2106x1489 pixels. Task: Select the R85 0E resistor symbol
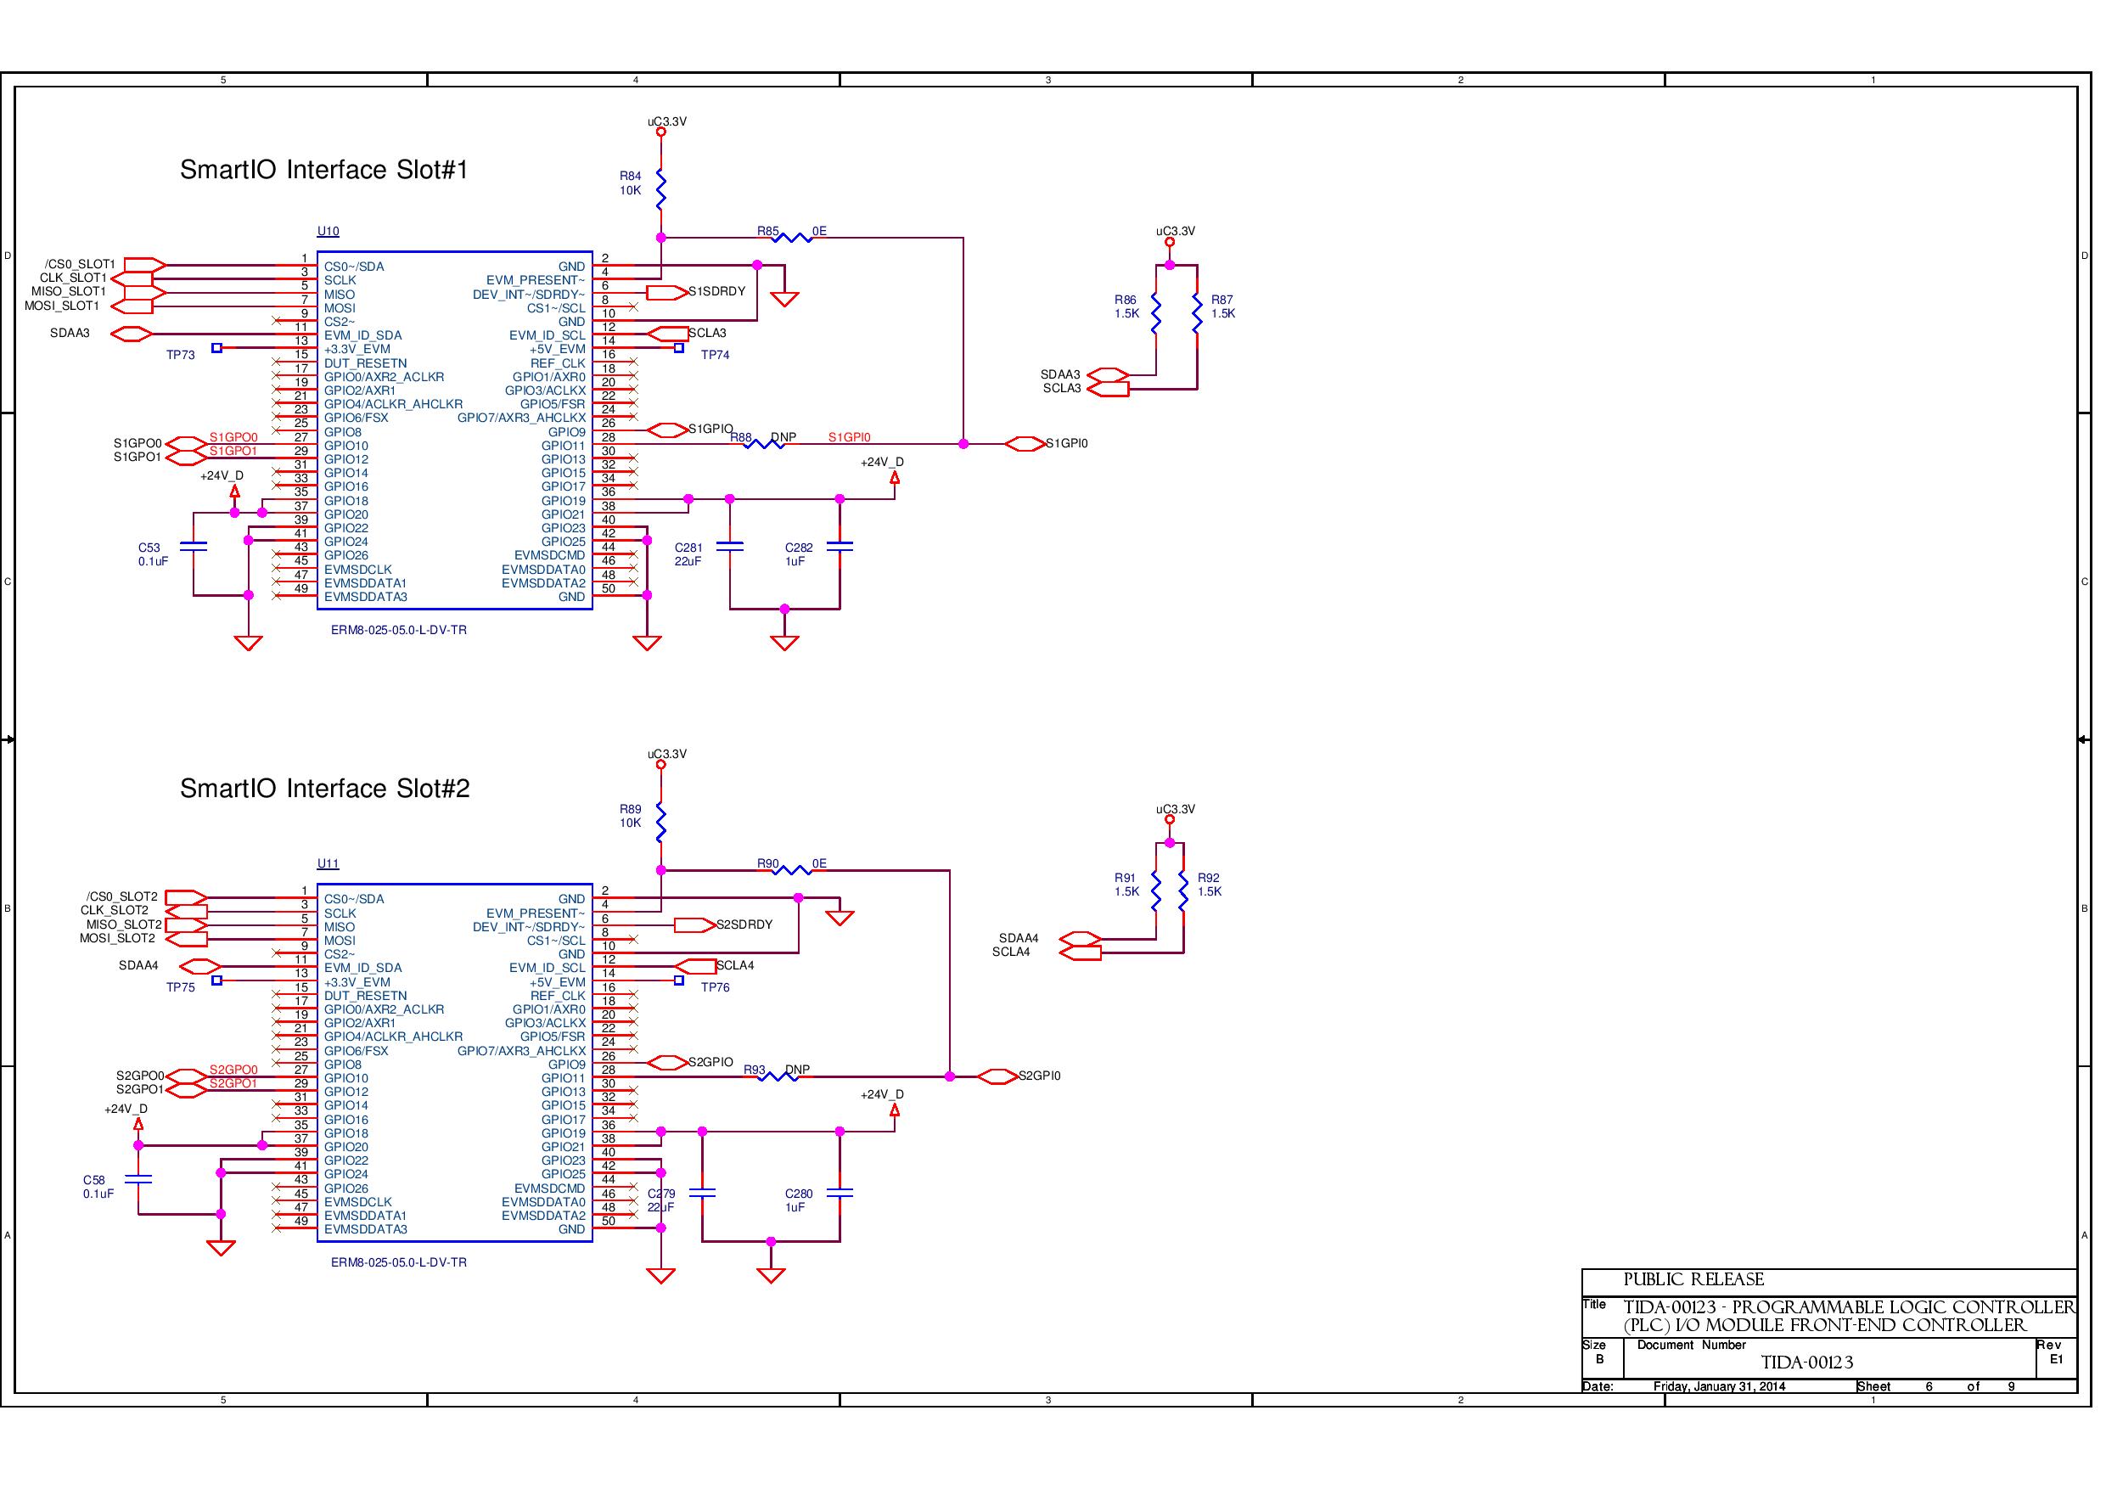click(x=793, y=238)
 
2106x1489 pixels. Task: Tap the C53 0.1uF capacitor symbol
click(x=194, y=546)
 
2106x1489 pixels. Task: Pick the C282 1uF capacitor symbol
click(x=840, y=546)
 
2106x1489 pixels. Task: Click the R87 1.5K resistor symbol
click(x=1197, y=313)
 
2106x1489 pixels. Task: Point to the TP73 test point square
click(x=216, y=348)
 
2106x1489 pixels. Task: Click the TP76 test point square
click(x=679, y=980)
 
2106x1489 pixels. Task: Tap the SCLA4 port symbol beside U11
click(x=695, y=966)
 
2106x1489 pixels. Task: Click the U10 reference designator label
click(x=328, y=232)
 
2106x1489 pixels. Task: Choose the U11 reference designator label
click(x=328, y=864)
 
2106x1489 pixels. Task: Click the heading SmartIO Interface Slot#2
click(x=325, y=789)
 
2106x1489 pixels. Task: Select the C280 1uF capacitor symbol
click(x=840, y=1193)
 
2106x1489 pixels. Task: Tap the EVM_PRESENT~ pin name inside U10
click(x=536, y=281)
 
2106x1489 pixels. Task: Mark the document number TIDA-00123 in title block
click(x=1807, y=1363)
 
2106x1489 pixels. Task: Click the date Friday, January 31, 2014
click(x=1719, y=1386)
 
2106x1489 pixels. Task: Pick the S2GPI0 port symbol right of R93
click(x=998, y=1076)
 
